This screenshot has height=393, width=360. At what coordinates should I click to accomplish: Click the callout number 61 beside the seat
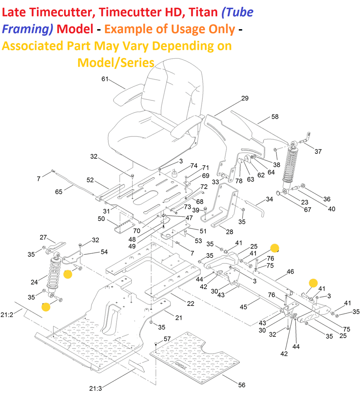point(105,79)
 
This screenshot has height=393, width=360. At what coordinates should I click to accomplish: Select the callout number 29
point(245,98)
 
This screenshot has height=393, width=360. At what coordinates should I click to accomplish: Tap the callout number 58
point(275,117)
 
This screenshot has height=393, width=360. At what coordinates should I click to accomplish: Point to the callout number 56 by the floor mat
point(242,385)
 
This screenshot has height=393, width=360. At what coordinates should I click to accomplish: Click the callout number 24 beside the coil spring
point(34,282)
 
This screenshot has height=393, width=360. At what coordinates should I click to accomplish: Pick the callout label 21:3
point(95,388)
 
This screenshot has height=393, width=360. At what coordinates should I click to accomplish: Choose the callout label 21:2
point(7,315)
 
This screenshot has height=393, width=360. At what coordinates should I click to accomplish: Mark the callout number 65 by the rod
point(59,192)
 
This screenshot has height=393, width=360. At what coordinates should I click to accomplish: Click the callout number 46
point(290,271)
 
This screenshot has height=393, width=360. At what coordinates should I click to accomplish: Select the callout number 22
point(191,304)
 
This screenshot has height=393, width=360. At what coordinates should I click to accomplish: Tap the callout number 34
point(269,199)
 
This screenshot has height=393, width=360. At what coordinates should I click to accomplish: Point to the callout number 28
point(229,232)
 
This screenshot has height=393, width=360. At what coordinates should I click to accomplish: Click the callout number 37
point(318,151)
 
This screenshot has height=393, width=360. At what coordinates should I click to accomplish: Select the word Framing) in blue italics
point(27,29)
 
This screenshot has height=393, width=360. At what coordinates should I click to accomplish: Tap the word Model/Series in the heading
point(116,63)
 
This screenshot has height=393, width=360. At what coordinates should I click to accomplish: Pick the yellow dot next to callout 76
point(275,248)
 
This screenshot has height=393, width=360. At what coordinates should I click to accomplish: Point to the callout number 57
point(167,339)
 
